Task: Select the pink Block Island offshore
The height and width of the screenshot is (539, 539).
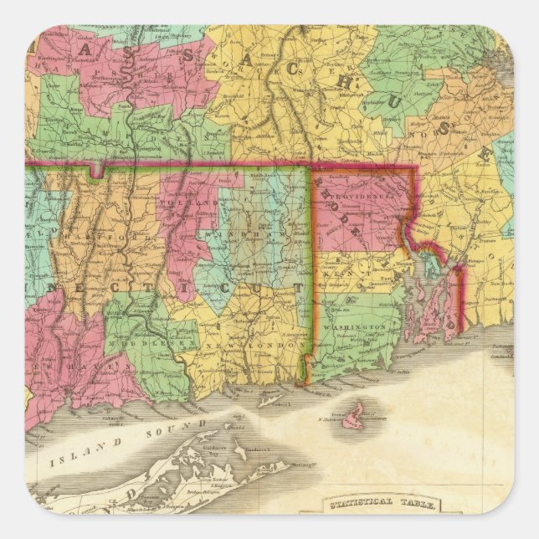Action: [355, 413]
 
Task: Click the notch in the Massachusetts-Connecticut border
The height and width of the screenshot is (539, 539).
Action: [100, 171]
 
